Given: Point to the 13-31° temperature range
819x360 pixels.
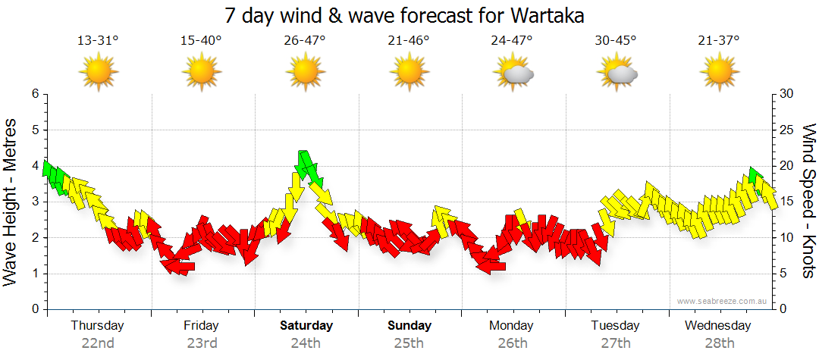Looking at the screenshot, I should [x=98, y=40].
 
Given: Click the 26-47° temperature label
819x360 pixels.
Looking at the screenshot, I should [x=305, y=40].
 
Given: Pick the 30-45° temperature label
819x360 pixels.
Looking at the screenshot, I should [x=616, y=40].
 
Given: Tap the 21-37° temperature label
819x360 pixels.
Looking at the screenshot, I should [x=719, y=40].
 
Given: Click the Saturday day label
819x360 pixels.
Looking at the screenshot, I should [x=306, y=326].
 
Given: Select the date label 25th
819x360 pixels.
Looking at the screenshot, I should [x=409, y=343].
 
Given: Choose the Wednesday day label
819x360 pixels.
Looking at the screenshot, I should [x=717, y=326].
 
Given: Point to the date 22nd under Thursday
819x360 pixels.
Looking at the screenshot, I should [x=98, y=343].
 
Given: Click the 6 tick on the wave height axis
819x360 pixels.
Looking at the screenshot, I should [x=34, y=94].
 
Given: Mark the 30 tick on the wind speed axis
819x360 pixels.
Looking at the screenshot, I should [x=786, y=94].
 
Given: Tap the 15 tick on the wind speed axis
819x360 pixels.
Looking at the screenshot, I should [x=786, y=202].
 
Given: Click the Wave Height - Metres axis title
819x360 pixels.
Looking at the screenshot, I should [x=11, y=202].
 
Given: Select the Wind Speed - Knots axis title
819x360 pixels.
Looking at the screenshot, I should [x=808, y=202].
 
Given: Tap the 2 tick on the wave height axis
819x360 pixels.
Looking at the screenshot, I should [x=34, y=238].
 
